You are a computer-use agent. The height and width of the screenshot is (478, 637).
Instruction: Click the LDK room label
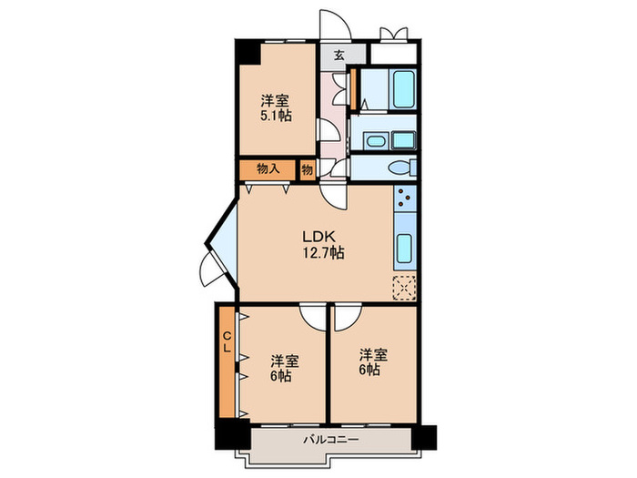click(318, 236)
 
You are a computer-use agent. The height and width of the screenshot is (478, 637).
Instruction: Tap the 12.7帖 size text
click(323, 253)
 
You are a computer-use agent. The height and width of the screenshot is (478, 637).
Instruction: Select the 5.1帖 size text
click(276, 116)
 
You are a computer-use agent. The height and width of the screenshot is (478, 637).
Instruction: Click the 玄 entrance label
click(339, 55)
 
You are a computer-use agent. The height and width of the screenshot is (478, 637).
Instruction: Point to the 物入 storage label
click(268, 168)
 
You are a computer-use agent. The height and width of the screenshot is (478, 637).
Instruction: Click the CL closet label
click(227, 341)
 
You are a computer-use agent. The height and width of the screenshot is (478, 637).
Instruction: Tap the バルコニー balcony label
click(331, 440)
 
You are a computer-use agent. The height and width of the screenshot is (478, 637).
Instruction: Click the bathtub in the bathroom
click(403, 89)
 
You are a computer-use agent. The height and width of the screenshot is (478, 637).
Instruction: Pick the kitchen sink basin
click(404, 249)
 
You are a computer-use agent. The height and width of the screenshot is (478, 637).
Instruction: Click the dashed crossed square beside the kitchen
click(404, 288)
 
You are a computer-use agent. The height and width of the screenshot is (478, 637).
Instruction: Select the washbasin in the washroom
click(375, 141)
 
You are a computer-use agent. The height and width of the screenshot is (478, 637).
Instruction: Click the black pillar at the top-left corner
click(248, 52)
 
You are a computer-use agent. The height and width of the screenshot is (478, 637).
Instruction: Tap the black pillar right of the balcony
click(424, 437)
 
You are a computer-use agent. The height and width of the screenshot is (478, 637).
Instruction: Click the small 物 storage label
click(308, 169)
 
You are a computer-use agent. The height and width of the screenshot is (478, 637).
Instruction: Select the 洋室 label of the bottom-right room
click(373, 355)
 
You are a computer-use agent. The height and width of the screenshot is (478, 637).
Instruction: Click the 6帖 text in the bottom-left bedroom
click(280, 375)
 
